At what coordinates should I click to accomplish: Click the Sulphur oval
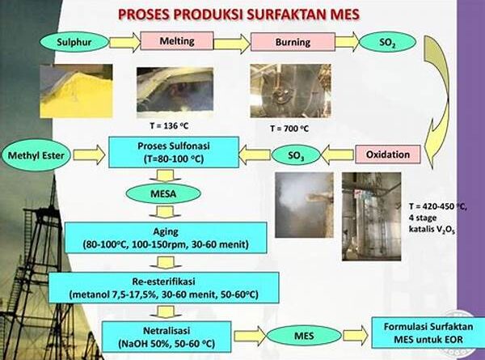[x=74, y=42]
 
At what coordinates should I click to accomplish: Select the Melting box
[x=177, y=41]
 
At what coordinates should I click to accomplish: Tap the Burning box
[x=293, y=42]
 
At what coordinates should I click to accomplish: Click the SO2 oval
[x=387, y=42]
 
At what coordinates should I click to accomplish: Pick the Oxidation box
[x=387, y=155]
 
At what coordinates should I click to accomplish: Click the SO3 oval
[x=296, y=155]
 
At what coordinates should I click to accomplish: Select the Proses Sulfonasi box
[x=174, y=152]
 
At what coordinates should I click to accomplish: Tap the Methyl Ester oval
[x=36, y=155]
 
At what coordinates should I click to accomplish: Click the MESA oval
[x=163, y=194]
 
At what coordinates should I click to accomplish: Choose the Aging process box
[x=166, y=238]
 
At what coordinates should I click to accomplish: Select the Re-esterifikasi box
[x=164, y=287]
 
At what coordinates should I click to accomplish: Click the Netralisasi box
[x=167, y=337]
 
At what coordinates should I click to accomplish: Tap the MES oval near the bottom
[x=304, y=336]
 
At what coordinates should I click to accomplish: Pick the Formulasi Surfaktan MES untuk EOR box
[x=428, y=332]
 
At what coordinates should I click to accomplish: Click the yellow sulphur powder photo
[x=76, y=91]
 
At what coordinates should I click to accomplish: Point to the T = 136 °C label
[x=169, y=125]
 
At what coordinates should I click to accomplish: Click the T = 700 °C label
[x=289, y=128]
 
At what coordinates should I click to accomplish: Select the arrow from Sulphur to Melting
[x=125, y=42]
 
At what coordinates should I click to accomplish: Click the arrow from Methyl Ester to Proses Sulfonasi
[x=90, y=155]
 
